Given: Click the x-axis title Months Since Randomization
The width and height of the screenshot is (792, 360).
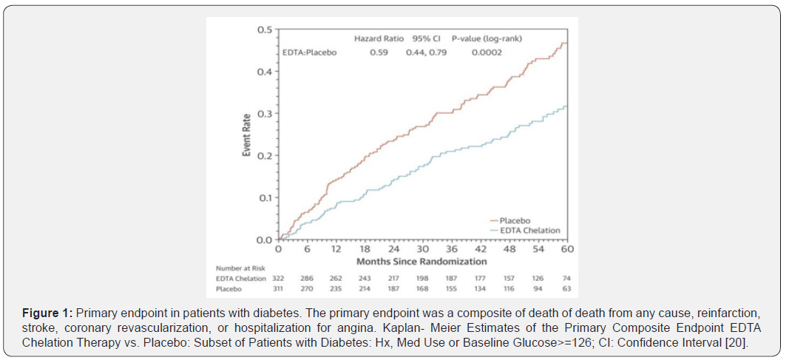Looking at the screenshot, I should pyautogui.click(x=422, y=262).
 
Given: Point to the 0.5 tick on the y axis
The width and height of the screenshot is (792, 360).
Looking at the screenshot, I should pyautogui.click(x=264, y=30).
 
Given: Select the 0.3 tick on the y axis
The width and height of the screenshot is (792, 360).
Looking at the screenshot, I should pyautogui.click(x=264, y=114).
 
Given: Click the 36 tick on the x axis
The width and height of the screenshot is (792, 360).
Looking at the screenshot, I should pyautogui.click(x=450, y=250).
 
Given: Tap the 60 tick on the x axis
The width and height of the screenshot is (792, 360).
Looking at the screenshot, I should pyautogui.click(x=566, y=250).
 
